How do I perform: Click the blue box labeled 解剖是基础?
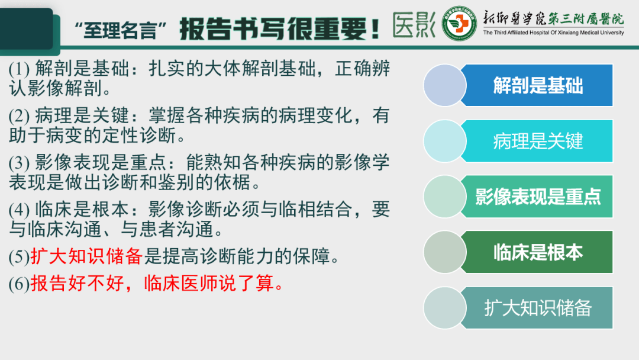[537, 85]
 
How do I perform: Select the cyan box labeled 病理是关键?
[537, 141]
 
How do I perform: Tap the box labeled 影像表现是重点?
[537, 197]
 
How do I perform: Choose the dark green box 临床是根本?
[537, 252]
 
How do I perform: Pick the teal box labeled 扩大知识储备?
[537, 308]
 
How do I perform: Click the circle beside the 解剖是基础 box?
[445, 85]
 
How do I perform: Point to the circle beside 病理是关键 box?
[445, 141]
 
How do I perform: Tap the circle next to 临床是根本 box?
[445, 252]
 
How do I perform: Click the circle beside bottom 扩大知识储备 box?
[445, 308]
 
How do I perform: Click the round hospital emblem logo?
[460, 24]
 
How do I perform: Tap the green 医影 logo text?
[414, 25]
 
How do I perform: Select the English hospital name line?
[553, 33]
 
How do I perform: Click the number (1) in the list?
[19, 68]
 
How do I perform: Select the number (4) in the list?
[19, 210]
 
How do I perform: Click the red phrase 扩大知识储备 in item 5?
[86, 256]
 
